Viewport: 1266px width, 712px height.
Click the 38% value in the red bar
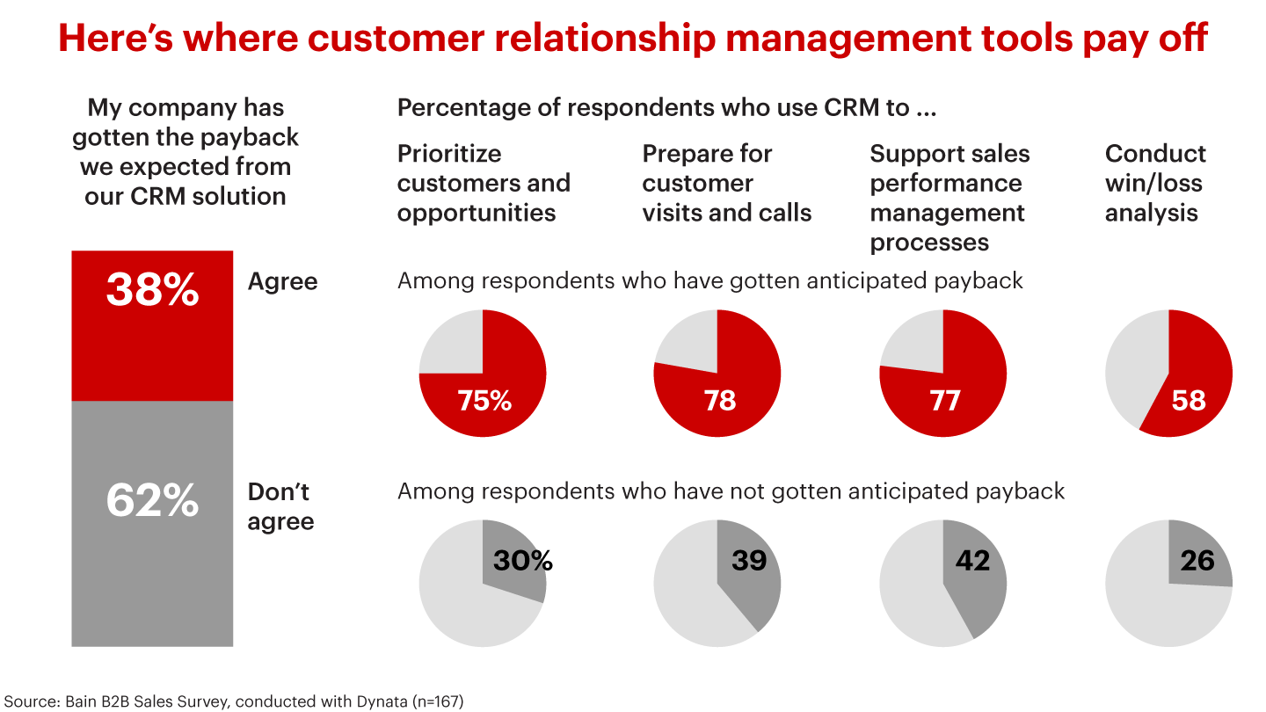pos(152,290)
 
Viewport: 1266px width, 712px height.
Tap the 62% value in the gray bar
pos(152,500)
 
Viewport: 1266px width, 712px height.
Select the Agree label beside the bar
pos(282,282)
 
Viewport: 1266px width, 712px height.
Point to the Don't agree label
pos(280,506)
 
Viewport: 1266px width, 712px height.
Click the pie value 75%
pos(484,401)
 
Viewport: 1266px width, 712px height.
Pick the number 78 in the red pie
pos(719,401)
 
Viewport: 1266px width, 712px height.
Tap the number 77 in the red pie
pos(945,401)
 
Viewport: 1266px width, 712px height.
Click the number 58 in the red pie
pos(1189,401)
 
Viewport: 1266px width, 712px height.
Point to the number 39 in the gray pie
pos(749,560)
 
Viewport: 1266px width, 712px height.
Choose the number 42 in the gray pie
pos(972,560)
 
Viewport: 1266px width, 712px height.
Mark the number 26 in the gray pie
pos(1197,560)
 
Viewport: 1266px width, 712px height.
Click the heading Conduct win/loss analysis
pos(1154,183)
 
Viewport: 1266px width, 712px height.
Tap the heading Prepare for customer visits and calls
pos(726,183)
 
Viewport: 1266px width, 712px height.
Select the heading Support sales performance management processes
pos(949,198)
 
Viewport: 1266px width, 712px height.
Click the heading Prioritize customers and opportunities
pos(484,183)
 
